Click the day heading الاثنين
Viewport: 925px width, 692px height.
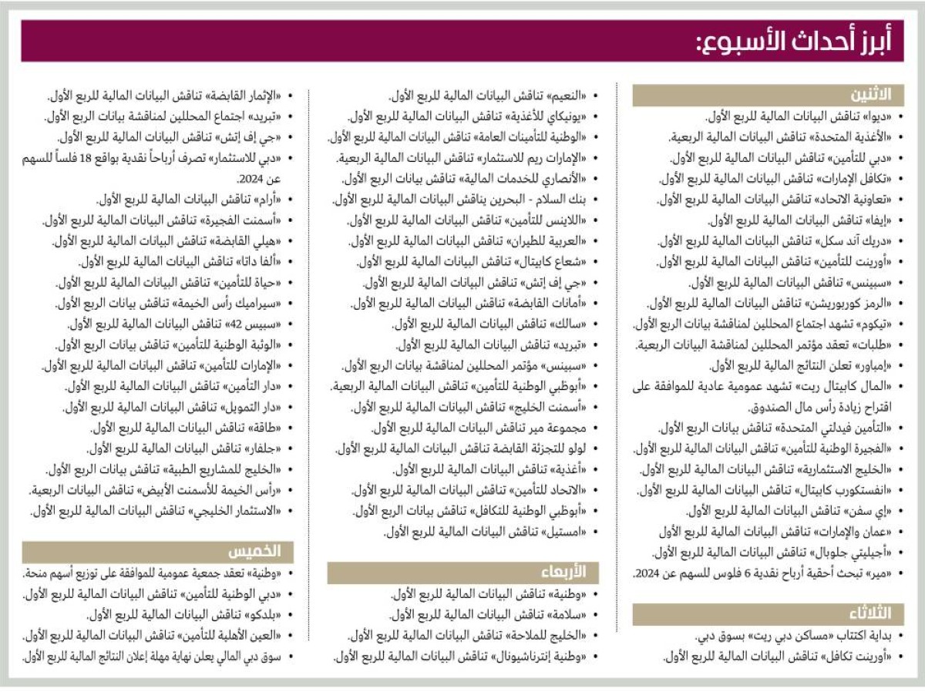pyautogui.click(x=871, y=95)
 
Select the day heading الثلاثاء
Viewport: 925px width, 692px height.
pyautogui.click(x=869, y=613)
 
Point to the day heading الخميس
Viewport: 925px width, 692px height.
pyautogui.click(x=261, y=551)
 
